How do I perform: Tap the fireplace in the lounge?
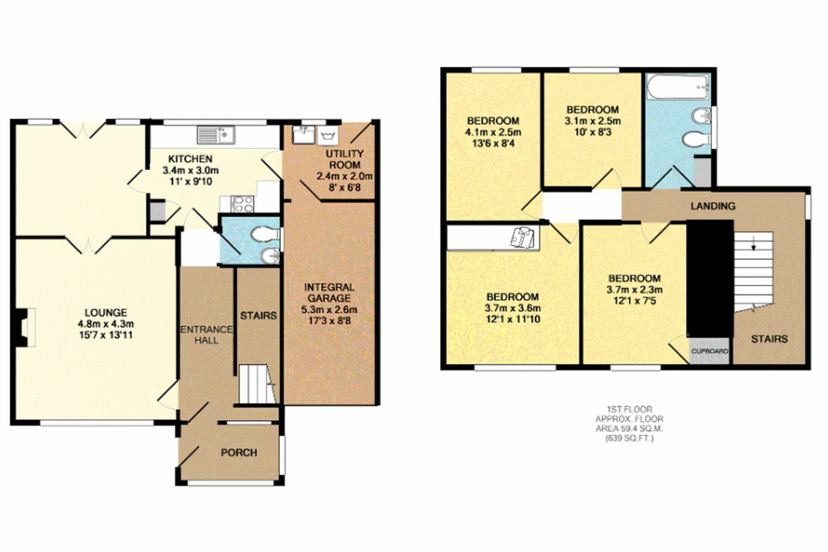(21, 328)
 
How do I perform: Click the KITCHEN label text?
(191, 158)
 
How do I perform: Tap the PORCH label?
(239, 453)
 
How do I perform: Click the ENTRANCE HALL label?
(206, 334)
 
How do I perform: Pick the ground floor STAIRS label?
(258, 315)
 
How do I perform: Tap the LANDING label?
(712, 206)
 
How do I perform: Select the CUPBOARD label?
(710, 352)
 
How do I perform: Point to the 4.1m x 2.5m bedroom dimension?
(493, 133)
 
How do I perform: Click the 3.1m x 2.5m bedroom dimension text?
(592, 122)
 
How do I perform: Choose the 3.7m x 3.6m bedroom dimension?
(513, 307)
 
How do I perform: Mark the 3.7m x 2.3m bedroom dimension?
(634, 290)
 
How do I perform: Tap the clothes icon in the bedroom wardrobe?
(523, 237)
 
